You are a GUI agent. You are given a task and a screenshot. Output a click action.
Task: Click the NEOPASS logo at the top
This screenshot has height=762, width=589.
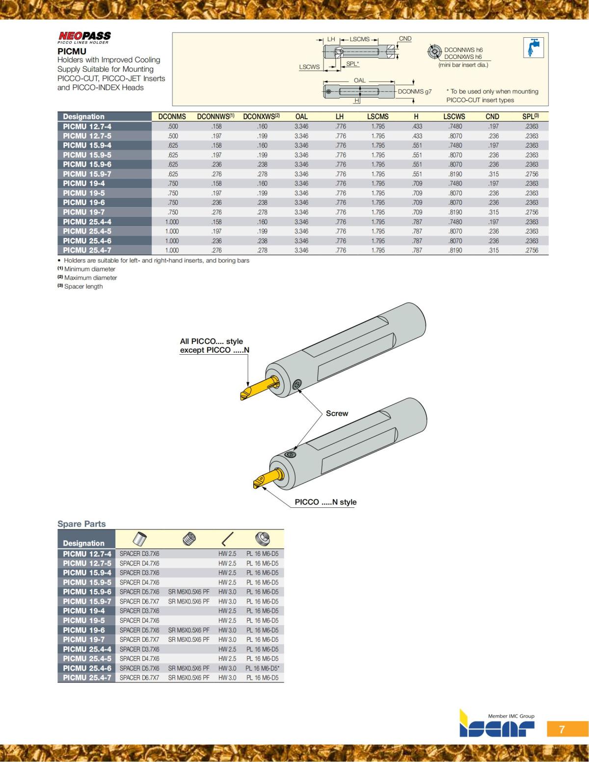84,36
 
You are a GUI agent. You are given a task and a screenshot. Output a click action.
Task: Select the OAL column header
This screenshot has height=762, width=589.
301,117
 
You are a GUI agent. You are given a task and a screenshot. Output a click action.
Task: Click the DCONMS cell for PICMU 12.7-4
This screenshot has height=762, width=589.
173,127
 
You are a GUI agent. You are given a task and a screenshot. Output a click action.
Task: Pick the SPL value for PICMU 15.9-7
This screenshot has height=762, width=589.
531,174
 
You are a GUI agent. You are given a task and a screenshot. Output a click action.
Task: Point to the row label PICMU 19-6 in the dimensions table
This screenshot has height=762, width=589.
84,203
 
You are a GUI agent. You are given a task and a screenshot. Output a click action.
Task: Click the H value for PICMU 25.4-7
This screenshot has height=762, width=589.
417,250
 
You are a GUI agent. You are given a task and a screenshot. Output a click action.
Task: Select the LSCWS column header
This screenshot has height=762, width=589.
454,117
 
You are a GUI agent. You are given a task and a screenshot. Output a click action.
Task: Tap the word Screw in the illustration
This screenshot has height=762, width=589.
337,414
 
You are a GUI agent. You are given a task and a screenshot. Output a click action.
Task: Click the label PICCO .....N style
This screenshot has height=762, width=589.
325,502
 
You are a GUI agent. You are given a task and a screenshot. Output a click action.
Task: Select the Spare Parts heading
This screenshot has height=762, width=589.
81,524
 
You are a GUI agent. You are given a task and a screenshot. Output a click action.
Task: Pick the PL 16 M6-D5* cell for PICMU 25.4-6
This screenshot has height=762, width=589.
263,668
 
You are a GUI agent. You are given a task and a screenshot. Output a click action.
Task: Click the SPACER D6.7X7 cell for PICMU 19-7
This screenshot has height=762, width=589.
139,640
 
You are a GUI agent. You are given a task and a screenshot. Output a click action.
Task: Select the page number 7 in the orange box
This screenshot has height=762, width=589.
562,729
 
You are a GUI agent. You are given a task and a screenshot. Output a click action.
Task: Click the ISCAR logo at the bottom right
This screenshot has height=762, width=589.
496,727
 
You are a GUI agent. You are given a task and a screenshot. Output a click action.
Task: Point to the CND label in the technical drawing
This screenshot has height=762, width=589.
405,39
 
